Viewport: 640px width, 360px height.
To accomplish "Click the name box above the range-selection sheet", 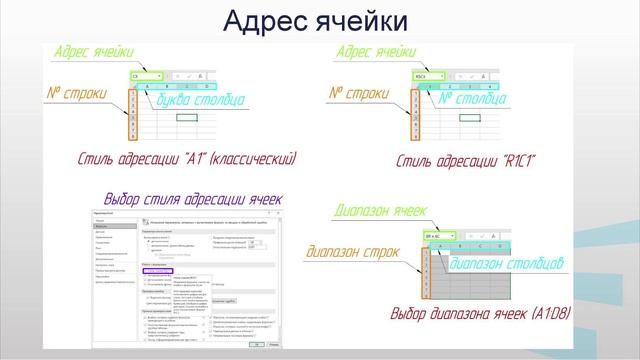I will [x=436, y=236].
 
